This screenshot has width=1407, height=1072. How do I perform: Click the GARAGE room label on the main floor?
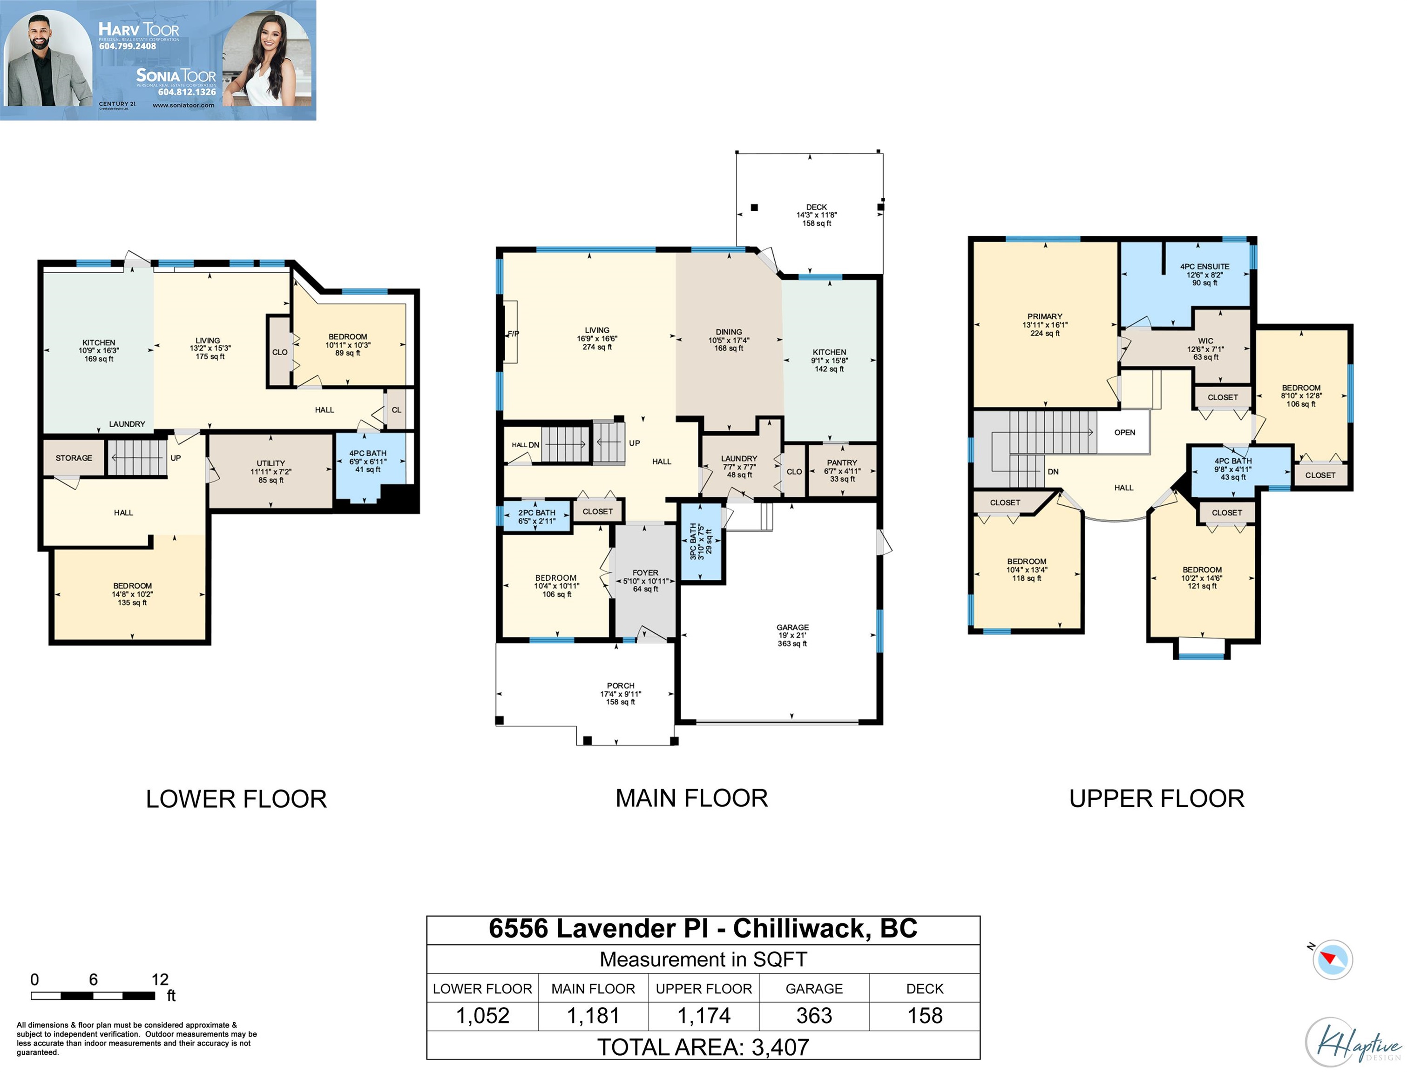792,627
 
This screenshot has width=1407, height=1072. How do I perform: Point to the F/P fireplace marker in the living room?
513,334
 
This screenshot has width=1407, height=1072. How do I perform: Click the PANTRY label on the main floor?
842,462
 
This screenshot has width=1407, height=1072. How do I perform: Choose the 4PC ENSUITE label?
1204,267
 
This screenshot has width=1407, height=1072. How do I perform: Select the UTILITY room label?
271,463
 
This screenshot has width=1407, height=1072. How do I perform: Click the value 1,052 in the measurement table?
483,1016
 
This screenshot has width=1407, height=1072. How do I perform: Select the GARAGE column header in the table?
814,988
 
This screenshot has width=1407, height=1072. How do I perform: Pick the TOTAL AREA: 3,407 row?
703,1046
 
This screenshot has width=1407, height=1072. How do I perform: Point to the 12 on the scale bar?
160,979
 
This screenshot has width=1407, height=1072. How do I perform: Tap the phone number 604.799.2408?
128,46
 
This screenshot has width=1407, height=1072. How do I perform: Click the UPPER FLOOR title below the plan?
1157,799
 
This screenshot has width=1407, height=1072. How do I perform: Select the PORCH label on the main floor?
621,685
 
